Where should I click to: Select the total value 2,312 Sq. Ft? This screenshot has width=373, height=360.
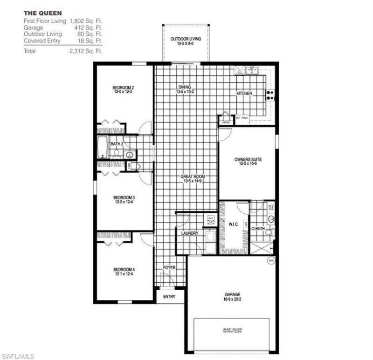[x=85, y=51]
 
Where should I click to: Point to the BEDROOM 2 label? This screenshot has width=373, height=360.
[x=123, y=88]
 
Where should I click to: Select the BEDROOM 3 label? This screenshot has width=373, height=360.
[x=124, y=197]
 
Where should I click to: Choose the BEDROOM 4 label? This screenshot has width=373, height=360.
[x=124, y=269]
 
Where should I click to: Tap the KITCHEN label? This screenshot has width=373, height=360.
[x=244, y=94]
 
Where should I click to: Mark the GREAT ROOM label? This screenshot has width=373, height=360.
[x=193, y=177]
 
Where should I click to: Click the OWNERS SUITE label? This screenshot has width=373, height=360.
[x=247, y=160]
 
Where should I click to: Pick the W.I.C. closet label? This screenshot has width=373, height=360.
[x=234, y=224]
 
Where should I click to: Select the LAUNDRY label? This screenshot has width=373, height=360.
[x=190, y=233]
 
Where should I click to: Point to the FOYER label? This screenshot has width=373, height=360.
[x=169, y=267]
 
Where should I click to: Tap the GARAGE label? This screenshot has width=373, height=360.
[x=232, y=294]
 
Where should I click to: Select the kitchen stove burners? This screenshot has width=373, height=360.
[x=270, y=95]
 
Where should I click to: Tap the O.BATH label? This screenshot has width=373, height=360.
[x=258, y=229]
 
